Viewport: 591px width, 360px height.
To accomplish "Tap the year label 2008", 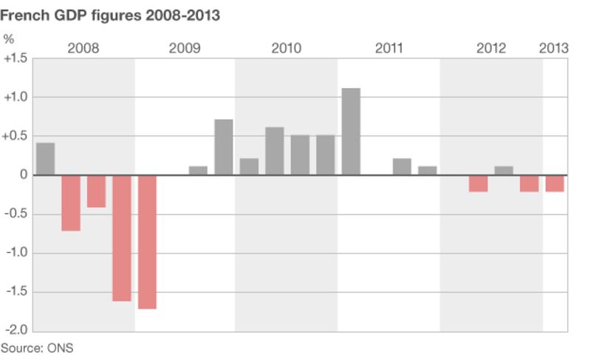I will pos(83,49).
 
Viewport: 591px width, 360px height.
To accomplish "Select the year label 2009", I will pos(185,49).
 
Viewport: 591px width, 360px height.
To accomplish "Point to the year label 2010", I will pos(286,49).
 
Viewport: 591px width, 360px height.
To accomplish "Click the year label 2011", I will pos(389,49).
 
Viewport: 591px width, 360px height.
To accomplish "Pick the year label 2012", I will pos(491,49).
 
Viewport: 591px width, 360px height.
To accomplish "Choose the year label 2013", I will pos(554,49).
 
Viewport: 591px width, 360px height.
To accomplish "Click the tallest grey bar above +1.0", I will pos(351,132).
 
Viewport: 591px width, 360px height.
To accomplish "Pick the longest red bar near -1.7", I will pos(147,242).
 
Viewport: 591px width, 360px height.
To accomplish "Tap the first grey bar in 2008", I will pos(45,159).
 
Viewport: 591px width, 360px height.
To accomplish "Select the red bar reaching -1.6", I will pos(122,238).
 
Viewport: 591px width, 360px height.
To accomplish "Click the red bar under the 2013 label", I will pos(555,183).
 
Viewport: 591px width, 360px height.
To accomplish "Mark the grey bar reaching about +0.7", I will pos(224,147).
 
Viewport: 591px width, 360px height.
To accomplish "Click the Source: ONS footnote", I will pos(37,347).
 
